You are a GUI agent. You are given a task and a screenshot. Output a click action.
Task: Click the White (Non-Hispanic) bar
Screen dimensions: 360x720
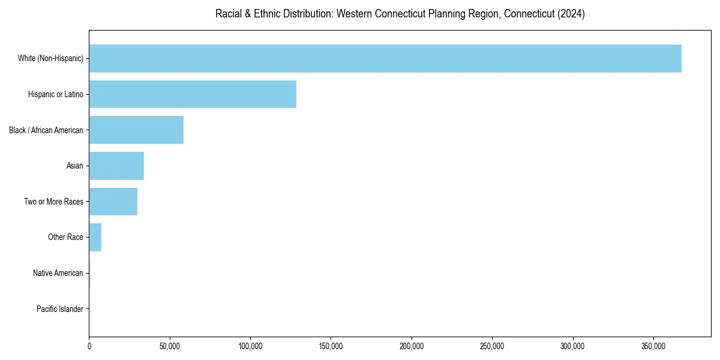click(x=385, y=58)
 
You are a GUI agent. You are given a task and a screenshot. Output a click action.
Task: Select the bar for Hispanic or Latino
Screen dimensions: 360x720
click(x=193, y=94)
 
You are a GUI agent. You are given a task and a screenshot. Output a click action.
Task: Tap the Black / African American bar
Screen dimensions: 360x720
click(x=136, y=130)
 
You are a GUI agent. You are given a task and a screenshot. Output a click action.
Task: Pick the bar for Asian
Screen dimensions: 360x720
click(x=116, y=166)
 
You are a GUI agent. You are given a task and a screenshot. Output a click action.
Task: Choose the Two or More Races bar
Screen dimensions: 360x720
click(x=113, y=202)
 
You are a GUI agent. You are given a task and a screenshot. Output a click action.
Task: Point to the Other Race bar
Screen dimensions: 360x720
click(x=95, y=237)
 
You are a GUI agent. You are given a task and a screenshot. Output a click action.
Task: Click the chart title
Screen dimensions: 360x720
click(x=400, y=14)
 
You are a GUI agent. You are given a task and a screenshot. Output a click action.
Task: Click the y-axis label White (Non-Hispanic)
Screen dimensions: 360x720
click(x=50, y=58)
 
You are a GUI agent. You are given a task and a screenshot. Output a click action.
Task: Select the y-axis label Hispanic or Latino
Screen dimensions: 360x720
click(x=56, y=94)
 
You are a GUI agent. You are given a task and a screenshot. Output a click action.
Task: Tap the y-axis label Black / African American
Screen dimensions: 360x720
click(x=46, y=130)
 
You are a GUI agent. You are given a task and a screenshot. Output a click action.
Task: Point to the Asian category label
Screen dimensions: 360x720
click(x=75, y=166)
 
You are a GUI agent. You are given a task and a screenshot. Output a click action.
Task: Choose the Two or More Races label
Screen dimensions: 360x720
click(x=54, y=202)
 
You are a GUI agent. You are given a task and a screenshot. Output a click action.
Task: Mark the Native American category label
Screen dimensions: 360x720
click(x=58, y=273)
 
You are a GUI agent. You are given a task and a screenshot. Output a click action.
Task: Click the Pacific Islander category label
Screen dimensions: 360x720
click(x=60, y=309)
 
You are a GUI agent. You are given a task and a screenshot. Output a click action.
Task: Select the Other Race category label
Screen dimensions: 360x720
click(x=65, y=237)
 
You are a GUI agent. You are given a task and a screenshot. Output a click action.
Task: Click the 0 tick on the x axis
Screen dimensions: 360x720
click(x=89, y=346)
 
